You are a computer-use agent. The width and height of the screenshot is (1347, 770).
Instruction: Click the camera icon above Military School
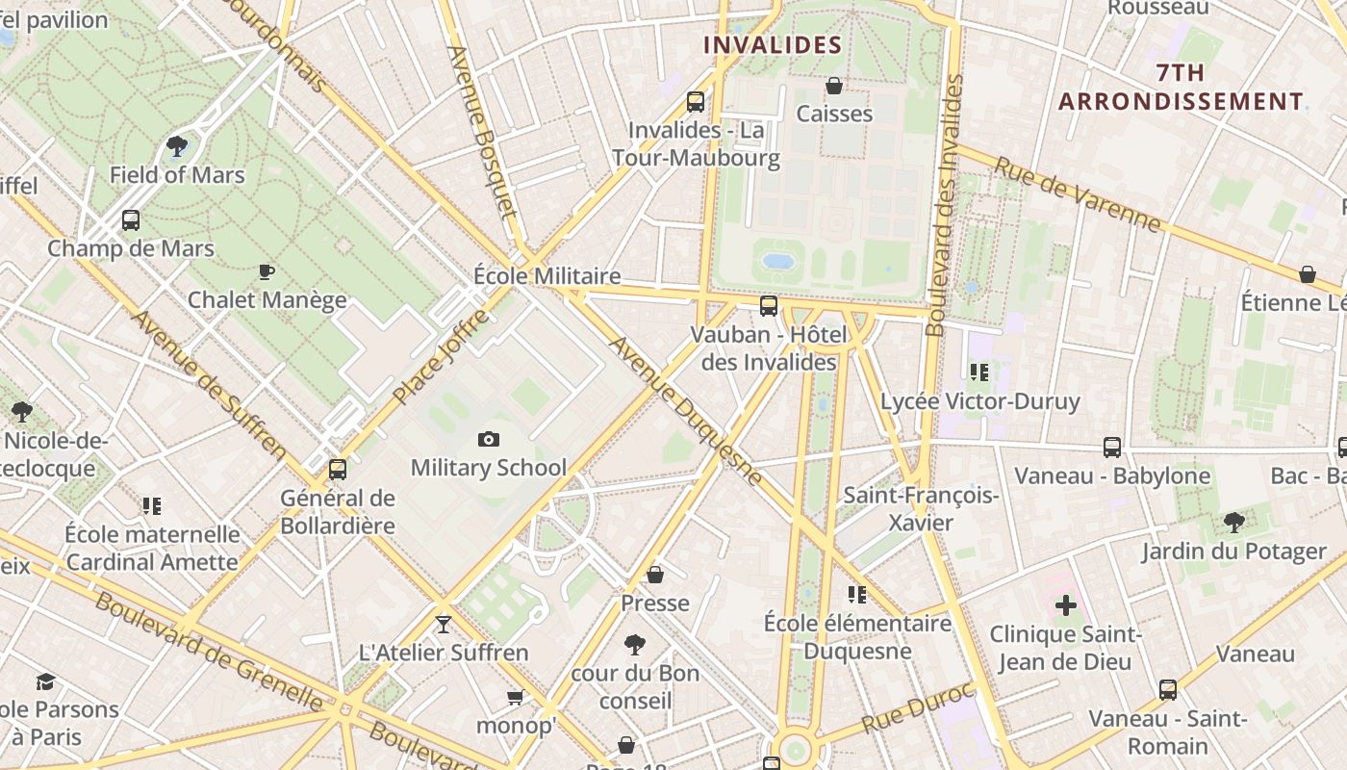click(x=489, y=440)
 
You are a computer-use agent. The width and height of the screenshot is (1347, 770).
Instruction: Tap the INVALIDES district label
click(x=773, y=45)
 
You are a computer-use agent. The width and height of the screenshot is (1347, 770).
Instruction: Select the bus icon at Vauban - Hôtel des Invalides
click(x=768, y=306)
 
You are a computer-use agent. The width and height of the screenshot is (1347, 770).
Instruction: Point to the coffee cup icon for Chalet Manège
click(x=267, y=272)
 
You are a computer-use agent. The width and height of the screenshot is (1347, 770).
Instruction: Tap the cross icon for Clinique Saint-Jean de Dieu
click(x=1065, y=605)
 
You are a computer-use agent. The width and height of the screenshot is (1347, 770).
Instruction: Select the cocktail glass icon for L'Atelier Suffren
click(x=443, y=625)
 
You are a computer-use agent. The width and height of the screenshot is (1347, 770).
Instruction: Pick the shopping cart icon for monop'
click(x=516, y=697)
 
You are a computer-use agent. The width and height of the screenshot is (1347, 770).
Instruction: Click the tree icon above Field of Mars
click(x=177, y=146)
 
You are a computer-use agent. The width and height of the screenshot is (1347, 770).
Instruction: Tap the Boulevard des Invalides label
click(x=944, y=206)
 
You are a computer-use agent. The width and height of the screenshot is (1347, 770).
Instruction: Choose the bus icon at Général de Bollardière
click(x=337, y=470)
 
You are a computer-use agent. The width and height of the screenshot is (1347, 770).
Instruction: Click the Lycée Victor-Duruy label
click(x=979, y=400)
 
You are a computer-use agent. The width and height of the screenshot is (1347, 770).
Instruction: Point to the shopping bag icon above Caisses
click(x=834, y=87)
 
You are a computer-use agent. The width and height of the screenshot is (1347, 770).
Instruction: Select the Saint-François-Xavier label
click(x=921, y=509)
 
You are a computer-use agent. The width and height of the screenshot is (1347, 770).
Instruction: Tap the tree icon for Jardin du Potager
click(x=1233, y=523)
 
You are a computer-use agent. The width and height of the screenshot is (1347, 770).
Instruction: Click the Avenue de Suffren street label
click(x=209, y=384)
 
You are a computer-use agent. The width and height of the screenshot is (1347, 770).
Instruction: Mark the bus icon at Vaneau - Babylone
click(x=1112, y=448)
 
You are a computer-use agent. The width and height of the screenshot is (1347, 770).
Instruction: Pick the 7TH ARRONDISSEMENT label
click(x=1181, y=87)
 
